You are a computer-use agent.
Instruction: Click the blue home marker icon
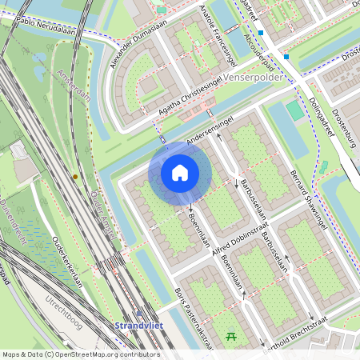click(x=180, y=173)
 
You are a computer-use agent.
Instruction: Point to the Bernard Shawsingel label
click(x=308, y=201)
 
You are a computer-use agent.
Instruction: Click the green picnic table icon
click(x=232, y=336)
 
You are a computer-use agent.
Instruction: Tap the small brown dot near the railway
click(x=75, y=176)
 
